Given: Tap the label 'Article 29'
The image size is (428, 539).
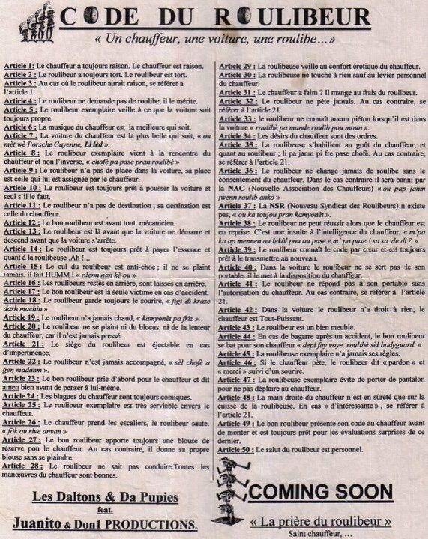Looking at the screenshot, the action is pyautogui.click(x=235, y=67).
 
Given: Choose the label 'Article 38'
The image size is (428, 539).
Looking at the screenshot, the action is pyautogui.click(x=235, y=223).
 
